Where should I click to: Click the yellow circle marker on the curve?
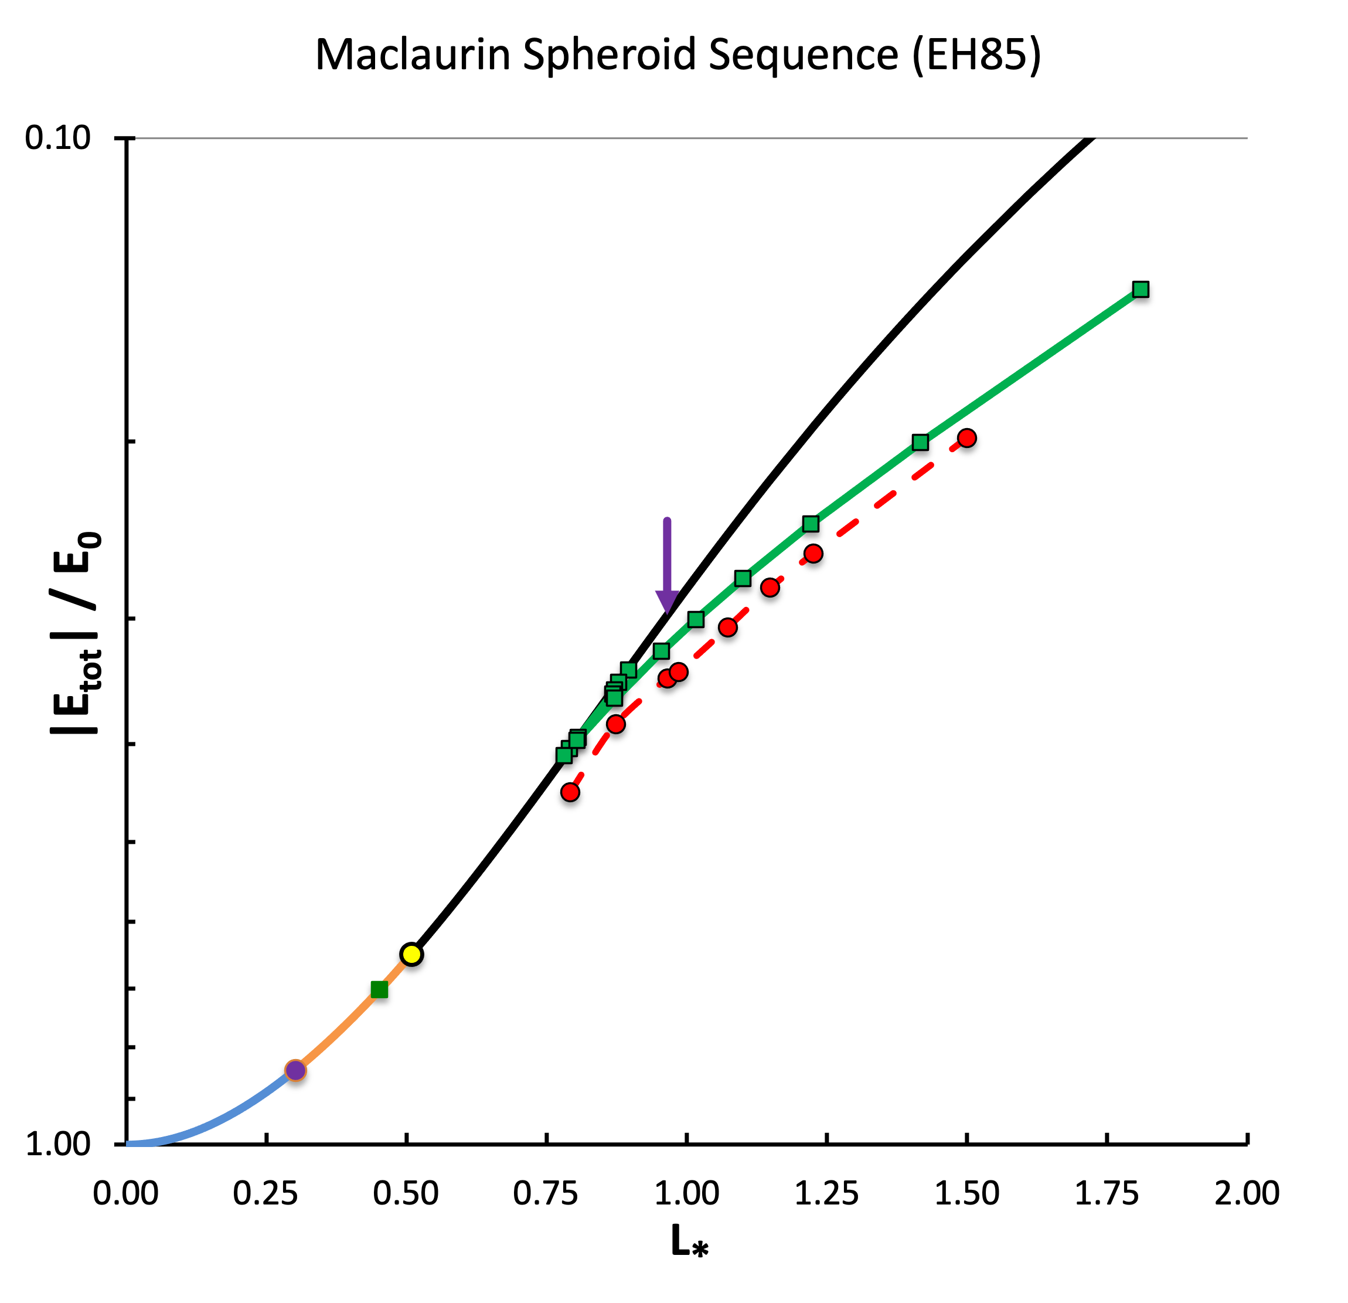click(411, 954)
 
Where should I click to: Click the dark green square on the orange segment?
click(379, 989)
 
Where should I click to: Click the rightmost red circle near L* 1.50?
click(967, 437)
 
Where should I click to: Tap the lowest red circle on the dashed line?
click(570, 792)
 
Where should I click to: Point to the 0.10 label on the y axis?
click(58, 138)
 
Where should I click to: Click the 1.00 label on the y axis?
click(58, 1143)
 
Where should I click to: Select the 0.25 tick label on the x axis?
click(265, 1193)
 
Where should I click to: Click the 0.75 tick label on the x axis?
click(546, 1193)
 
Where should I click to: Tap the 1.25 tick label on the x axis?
click(827, 1193)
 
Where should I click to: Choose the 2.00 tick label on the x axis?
click(1247, 1193)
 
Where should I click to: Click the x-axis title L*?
click(689, 1243)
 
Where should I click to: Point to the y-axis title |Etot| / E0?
click(76, 633)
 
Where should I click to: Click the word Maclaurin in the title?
click(413, 55)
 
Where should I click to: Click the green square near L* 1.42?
click(920, 442)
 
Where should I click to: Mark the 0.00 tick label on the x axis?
click(126, 1193)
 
